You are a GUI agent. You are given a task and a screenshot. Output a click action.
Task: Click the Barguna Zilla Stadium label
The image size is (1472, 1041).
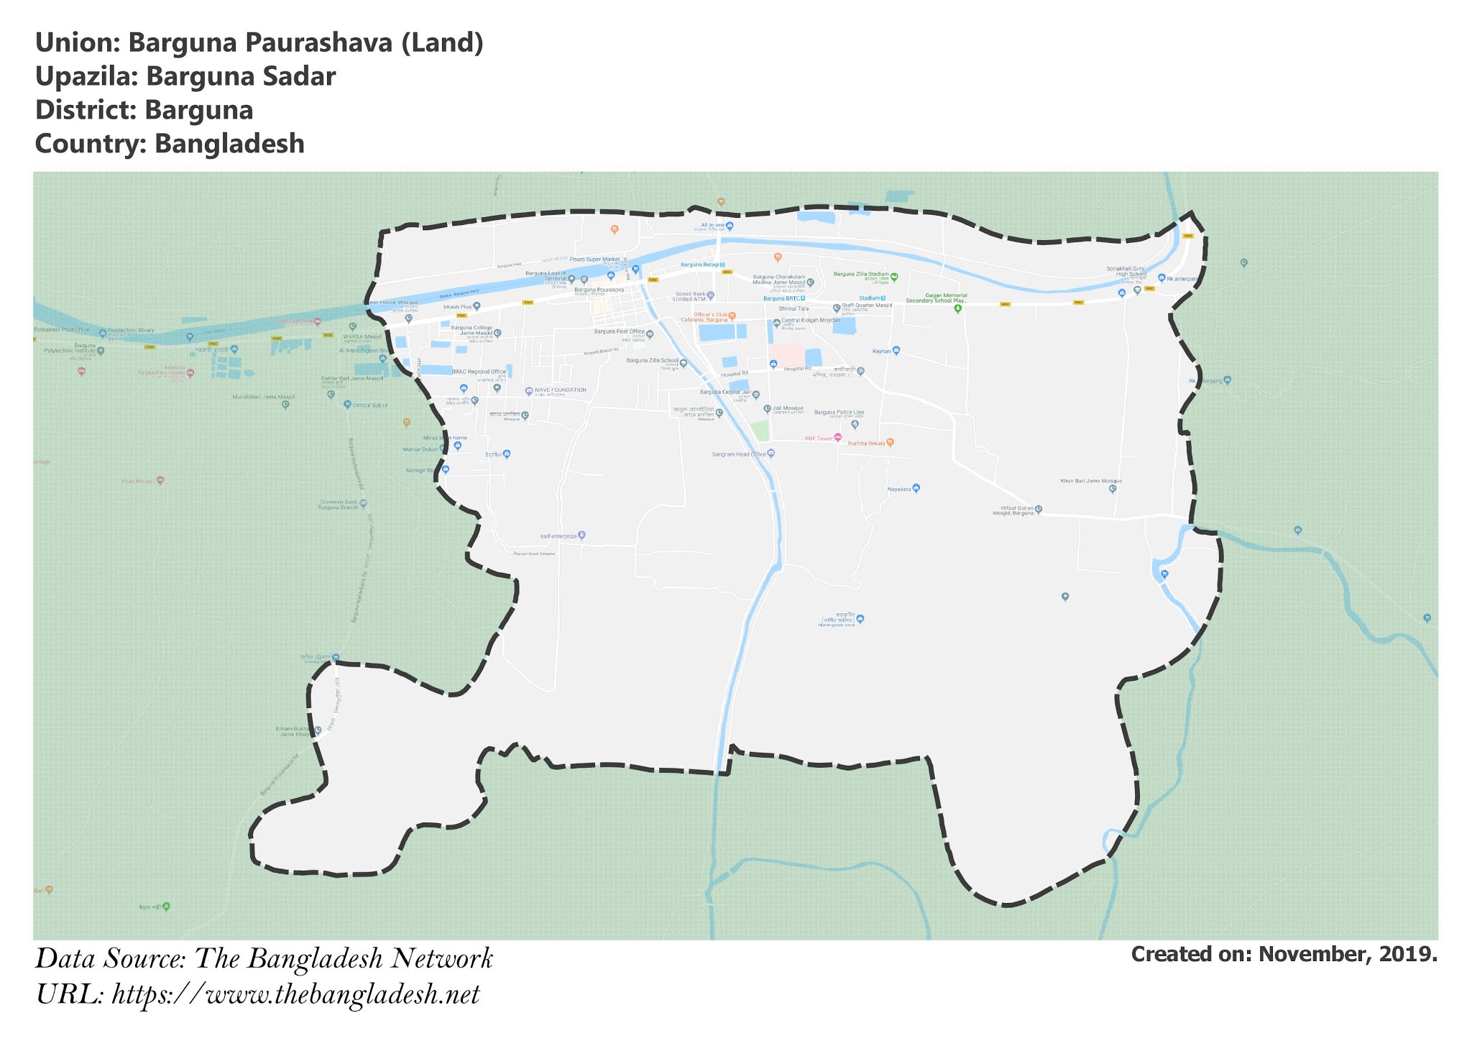point(861,274)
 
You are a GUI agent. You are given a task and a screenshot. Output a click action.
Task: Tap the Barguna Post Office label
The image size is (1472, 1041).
point(620,332)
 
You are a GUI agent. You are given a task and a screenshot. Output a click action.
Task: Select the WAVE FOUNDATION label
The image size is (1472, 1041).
point(560,390)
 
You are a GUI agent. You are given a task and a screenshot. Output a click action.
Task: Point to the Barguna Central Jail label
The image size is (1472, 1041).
point(725,393)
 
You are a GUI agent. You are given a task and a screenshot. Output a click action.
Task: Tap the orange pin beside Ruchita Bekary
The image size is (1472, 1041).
point(890,443)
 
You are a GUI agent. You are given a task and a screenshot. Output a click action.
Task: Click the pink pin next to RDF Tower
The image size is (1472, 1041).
point(837,437)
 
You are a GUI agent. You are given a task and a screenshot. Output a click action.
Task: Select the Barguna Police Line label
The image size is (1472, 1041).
point(839,413)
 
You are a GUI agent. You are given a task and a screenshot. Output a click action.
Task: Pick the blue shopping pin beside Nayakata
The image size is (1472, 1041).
point(916,489)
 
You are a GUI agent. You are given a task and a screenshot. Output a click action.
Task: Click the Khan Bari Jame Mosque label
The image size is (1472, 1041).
point(1091,481)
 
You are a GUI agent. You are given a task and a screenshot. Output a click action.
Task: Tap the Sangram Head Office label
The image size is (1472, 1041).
point(739,454)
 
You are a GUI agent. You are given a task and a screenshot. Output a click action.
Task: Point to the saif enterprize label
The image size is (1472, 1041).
point(558,536)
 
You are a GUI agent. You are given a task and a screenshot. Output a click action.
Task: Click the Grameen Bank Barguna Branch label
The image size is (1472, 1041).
point(338,505)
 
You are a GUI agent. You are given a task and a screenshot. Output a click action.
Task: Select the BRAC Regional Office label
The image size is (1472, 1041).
point(479,372)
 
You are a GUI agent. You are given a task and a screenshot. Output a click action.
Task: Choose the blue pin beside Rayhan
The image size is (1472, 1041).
point(896,352)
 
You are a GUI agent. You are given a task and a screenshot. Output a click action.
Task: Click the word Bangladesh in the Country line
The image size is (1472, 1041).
point(229,144)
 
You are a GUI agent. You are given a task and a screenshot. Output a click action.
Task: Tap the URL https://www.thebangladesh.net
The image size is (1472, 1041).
point(295,995)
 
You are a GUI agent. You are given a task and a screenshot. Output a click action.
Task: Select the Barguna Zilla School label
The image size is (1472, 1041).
point(652,361)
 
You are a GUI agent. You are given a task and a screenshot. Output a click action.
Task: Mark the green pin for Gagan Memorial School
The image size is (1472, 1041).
point(957,309)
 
